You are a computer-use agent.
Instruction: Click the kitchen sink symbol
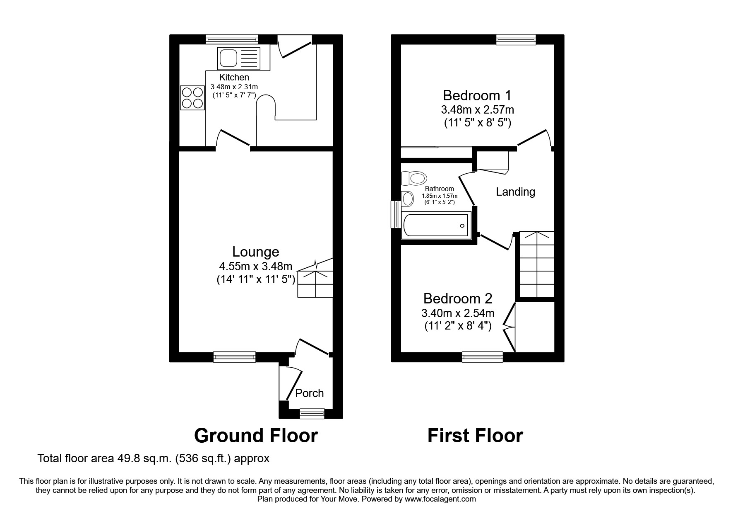pyautogui.click(x=238, y=58)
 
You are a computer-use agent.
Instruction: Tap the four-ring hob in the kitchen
pyautogui.click(x=192, y=98)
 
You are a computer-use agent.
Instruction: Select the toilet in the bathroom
pyautogui.click(x=415, y=179)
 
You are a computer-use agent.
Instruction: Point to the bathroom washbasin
pyautogui.click(x=408, y=199)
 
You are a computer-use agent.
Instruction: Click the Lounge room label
pyautogui.click(x=255, y=252)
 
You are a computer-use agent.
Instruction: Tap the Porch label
pyautogui.click(x=309, y=393)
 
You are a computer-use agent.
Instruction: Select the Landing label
pyautogui.click(x=515, y=192)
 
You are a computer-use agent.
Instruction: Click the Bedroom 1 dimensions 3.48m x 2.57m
pyautogui.click(x=477, y=110)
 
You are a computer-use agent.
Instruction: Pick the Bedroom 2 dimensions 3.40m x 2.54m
pyautogui.click(x=458, y=313)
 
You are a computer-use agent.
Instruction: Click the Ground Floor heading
pyautogui.click(x=256, y=436)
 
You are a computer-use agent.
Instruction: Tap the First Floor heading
pyautogui.click(x=475, y=436)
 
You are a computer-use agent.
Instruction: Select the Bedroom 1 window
pyautogui.click(x=516, y=40)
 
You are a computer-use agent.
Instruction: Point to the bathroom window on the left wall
pyautogui.click(x=396, y=214)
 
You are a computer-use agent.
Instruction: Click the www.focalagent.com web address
pyautogui.click(x=440, y=499)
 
